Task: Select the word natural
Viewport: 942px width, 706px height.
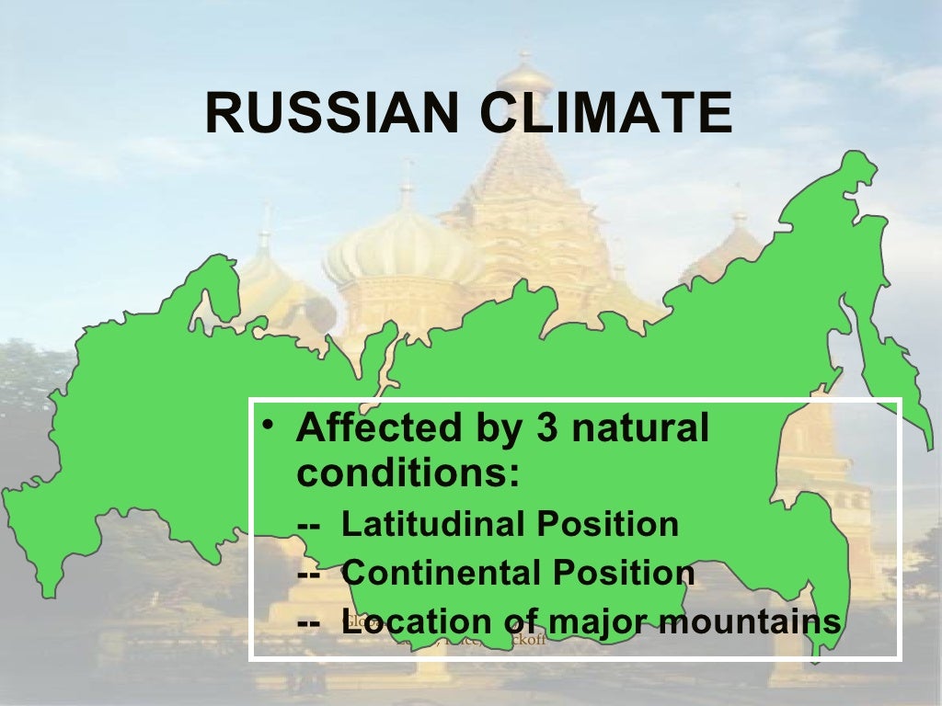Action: (x=639, y=428)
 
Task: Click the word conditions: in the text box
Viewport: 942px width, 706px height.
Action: (x=408, y=474)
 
